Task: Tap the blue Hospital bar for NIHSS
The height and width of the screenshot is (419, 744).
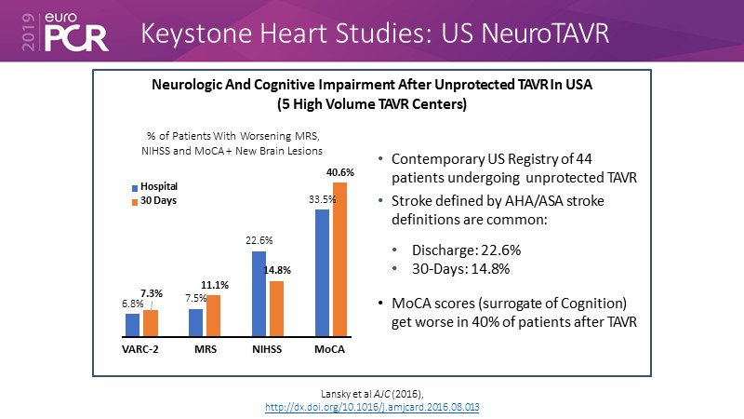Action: point(259,293)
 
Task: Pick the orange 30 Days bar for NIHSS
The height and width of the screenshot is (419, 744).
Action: point(277,308)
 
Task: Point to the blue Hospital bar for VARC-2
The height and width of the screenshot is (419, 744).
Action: point(133,324)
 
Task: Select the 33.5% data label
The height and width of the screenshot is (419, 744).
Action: point(322,199)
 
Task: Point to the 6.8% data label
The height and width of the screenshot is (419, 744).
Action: point(133,303)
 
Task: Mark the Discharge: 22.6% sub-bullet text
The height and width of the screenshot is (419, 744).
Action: point(458,250)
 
